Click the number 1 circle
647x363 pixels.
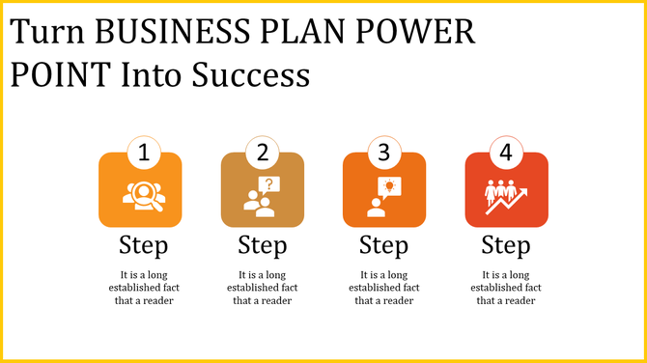click(x=142, y=153)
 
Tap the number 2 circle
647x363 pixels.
click(x=263, y=153)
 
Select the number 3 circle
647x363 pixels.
click(x=384, y=153)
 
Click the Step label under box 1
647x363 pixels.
click(x=142, y=243)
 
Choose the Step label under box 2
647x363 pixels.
click(x=263, y=243)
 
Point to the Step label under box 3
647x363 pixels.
click(x=384, y=243)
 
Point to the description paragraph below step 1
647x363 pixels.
click(x=142, y=287)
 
